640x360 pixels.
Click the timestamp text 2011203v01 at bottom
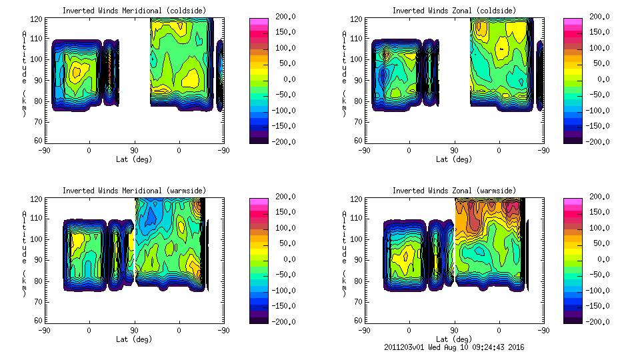(x=405, y=347)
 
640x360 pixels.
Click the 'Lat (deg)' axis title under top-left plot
(x=134, y=159)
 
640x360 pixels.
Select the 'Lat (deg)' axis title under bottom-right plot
(x=454, y=339)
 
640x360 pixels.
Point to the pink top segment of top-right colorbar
(x=573, y=23)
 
